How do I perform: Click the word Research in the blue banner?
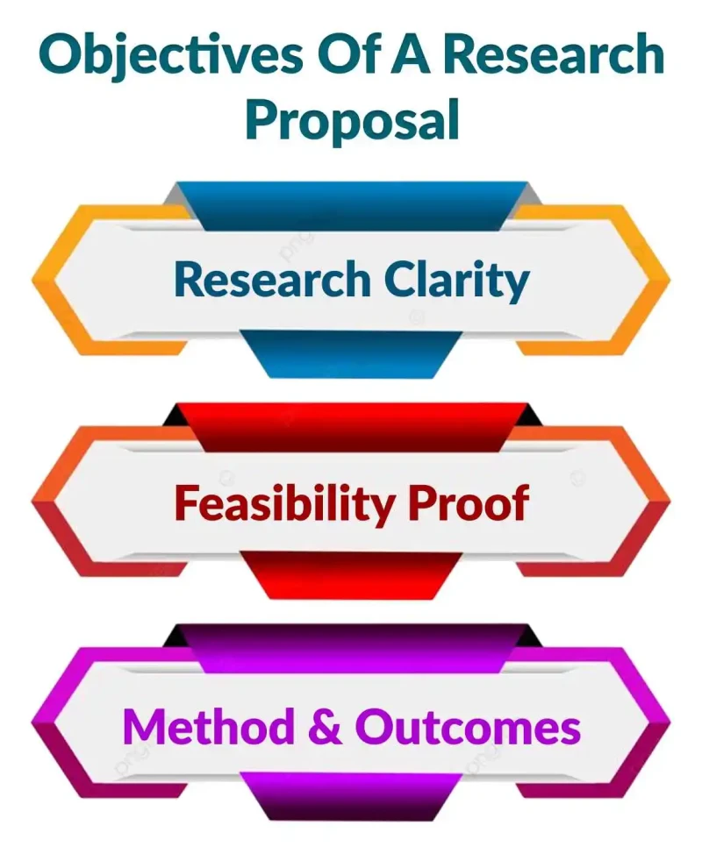(272, 281)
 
